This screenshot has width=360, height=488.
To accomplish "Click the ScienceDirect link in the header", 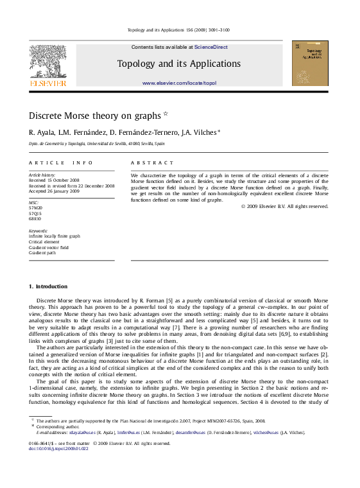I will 211,47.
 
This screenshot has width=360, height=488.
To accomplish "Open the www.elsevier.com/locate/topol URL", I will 179,83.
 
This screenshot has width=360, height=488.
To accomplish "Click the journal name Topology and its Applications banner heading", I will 179,64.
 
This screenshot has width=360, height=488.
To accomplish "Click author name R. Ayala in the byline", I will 40,132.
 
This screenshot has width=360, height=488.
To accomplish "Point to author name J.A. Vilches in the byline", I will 200,132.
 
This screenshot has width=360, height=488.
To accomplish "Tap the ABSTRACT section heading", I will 152,163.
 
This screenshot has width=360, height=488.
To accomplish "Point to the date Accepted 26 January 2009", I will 55,191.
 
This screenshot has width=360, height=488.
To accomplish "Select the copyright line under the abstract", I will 284,206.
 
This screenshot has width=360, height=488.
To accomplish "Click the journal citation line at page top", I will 179,30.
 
